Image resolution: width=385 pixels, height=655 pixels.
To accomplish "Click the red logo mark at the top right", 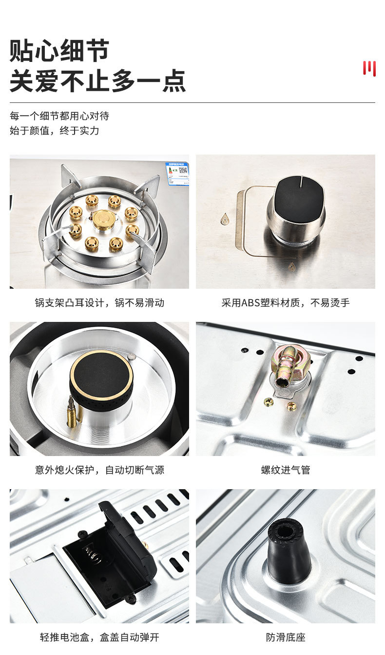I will [369, 68].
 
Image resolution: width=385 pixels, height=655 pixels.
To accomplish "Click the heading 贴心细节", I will [59, 51].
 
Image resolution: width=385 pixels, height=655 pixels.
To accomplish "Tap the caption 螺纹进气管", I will [286, 470].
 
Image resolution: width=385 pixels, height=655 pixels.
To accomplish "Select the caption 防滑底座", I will [286, 637].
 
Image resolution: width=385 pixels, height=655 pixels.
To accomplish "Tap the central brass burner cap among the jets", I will [104, 219].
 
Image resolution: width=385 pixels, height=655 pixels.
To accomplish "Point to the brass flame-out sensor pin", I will [72, 413].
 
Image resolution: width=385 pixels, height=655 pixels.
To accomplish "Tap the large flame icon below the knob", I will [291, 266].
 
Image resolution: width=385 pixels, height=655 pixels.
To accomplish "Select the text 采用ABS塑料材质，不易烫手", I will [286, 303].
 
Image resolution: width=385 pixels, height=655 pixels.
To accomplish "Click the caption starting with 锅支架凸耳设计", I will [99, 303].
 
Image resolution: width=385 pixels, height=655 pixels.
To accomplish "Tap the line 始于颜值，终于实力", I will [55, 131].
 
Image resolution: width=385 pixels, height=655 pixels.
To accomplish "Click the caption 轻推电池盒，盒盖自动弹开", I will [99, 637].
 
